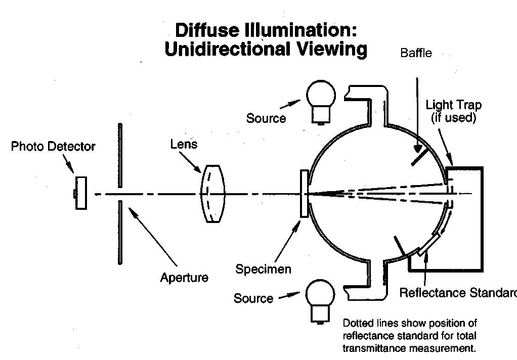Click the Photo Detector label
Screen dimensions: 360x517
coord(53,147)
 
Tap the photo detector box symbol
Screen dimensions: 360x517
coord(80,193)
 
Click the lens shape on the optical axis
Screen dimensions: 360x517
coord(212,193)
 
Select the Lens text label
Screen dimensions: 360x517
coord(184,145)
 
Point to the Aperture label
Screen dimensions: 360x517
coord(184,278)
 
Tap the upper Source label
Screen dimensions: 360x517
coord(266,118)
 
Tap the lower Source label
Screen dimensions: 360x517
coord(253,298)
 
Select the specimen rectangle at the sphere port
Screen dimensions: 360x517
coord(304,194)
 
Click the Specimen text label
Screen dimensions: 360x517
coord(263,268)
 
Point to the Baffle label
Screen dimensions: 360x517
coord(416,53)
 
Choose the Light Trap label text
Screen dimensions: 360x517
coord(453,105)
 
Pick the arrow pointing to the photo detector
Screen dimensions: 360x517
coord(69,164)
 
